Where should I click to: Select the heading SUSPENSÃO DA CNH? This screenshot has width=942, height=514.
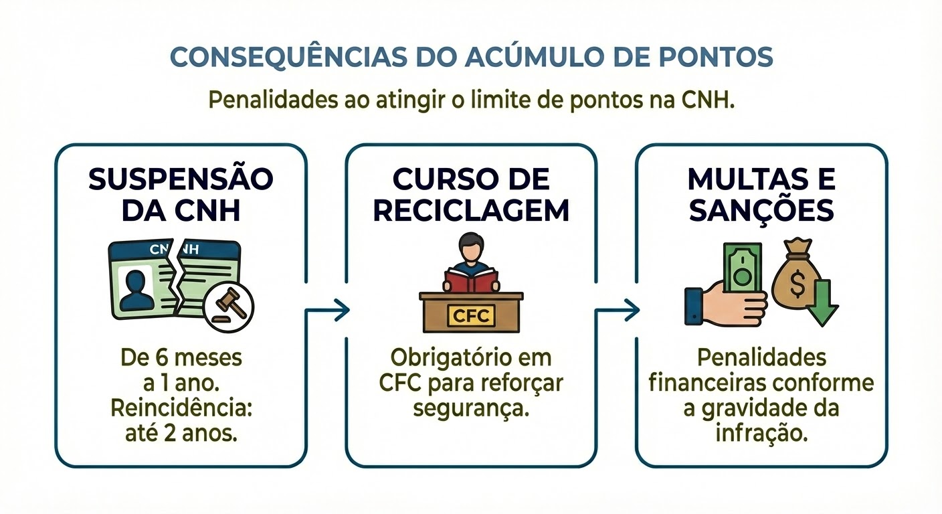tap(181, 195)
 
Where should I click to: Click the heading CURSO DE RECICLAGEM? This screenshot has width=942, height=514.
tap(471, 195)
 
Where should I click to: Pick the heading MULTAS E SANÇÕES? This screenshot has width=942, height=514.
tap(761, 195)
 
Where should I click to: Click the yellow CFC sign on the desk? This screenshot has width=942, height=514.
tap(471, 315)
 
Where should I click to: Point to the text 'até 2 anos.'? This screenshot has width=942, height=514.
tap(181, 433)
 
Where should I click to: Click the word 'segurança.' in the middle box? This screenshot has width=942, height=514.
tap(471, 408)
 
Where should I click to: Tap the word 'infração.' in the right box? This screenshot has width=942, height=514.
tap(761, 433)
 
